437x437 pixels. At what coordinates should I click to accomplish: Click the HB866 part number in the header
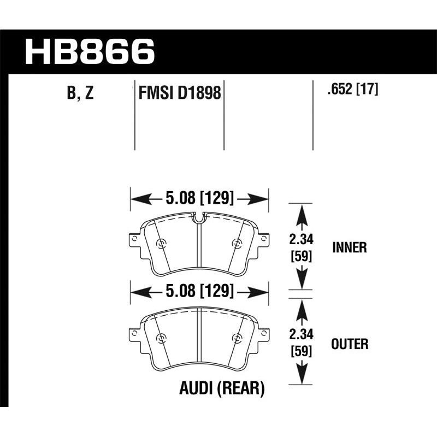pyautogui.click(x=90, y=51)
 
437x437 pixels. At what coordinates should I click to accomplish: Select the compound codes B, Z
pyautogui.click(x=80, y=93)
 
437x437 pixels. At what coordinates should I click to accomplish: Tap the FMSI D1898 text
pyautogui.click(x=179, y=93)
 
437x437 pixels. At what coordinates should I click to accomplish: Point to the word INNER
pyautogui.click(x=349, y=248)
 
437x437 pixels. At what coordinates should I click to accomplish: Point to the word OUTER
pyautogui.click(x=350, y=344)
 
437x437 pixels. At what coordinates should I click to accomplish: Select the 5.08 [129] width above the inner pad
pyautogui.click(x=199, y=197)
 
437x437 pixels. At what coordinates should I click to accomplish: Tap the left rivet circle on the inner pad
pyautogui.click(x=161, y=244)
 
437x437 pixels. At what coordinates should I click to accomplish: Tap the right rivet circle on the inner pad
pyautogui.click(x=236, y=244)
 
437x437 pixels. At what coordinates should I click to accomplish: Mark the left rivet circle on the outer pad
pyautogui.click(x=161, y=339)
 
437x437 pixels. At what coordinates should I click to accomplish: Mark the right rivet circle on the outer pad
pyautogui.click(x=236, y=339)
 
